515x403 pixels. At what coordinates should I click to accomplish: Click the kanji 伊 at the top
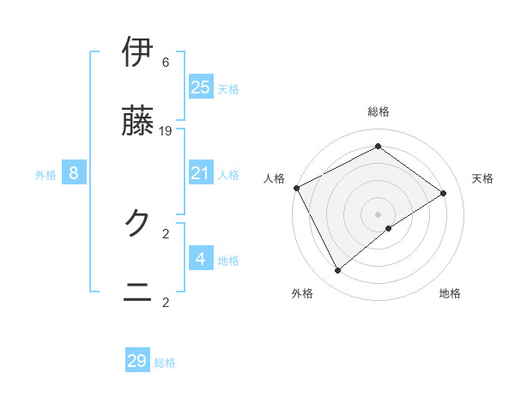tap(138, 52)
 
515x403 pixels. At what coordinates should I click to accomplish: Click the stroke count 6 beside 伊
tap(166, 63)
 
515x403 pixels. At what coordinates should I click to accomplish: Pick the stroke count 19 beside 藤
tap(166, 131)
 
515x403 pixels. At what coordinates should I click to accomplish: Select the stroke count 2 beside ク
tap(166, 233)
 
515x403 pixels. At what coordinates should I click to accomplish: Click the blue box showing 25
tap(201, 87)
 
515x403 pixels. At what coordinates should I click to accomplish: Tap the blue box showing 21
tap(201, 173)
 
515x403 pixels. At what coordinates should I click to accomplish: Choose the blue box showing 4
tap(201, 259)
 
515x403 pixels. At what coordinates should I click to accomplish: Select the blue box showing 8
tap(74, 173)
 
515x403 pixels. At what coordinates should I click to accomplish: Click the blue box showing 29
tap(137, 361)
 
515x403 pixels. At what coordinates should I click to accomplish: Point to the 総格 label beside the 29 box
tap(166, 363)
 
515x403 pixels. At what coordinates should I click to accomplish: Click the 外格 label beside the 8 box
tap(45, 175)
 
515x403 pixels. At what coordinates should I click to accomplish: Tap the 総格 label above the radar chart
tap(379, 111)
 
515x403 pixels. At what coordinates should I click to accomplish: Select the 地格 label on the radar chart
tap(450, 294)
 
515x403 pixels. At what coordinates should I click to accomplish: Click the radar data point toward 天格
tap(444, 193)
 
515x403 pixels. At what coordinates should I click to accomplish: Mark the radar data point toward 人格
tap(296, 188)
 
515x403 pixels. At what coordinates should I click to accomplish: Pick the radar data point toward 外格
tap(337, 271)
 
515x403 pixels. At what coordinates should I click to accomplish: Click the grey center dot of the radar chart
tap(379, 214)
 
